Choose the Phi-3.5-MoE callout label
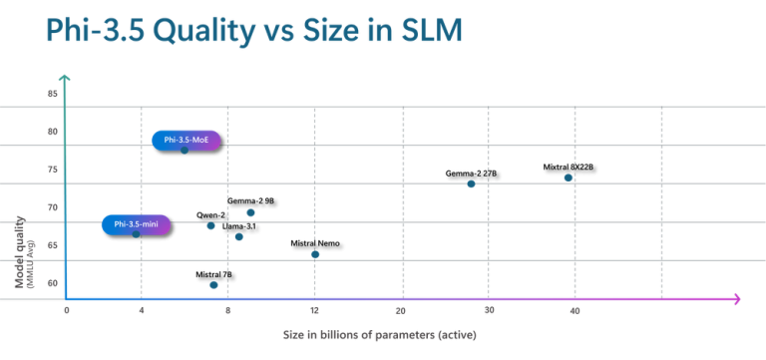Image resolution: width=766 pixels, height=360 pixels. click(x=186, y=141)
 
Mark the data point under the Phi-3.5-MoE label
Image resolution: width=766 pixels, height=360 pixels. click(x=185, y=150)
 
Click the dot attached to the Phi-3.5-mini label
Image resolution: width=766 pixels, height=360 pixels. click(x=137, y=233)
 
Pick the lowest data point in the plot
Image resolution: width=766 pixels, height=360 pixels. click(x=213, y=285)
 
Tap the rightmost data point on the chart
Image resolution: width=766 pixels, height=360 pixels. click(x=569, y=179)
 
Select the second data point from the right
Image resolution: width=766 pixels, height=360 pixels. click(x=471, y=184)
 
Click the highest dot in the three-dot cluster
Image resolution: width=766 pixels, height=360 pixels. click(x=251, y=213)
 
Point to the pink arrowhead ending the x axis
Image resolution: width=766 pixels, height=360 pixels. click(x=736, y=299)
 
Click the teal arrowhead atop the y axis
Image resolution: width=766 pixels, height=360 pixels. click(x=65, y=78)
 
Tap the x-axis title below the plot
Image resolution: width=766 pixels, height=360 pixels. click(x=379, y=334)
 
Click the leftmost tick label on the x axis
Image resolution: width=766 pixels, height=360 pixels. click(x=67, y=312)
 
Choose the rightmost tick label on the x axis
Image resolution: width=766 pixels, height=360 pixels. click(x=574, y=312)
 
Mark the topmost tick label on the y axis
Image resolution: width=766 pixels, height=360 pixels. click(x=52, y=94)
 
